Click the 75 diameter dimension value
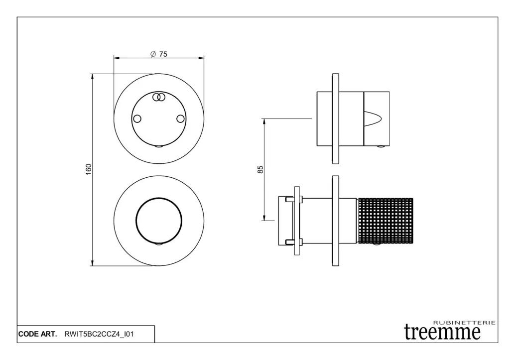[163, 54]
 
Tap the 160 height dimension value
[89, 169]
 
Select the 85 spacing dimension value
[260, 169]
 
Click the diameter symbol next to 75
[153, 54]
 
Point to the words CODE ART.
[37, 334]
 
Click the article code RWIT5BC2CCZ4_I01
[99, 334]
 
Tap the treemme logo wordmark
[442, 332]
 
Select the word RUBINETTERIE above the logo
[465, 323]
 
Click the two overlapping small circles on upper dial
[159, 97]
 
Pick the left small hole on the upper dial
[137, 119]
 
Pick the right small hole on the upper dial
[180, 119]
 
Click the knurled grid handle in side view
[385, 221]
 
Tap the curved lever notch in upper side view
[373, 119]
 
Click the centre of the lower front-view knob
[159, 221]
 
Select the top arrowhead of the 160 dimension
[93, 77]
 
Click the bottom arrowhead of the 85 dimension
[264, 218]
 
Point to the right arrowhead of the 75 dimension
[201, 58]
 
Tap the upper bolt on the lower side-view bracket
[293, 199]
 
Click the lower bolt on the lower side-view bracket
[293, 242]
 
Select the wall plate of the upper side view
[335, 119]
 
